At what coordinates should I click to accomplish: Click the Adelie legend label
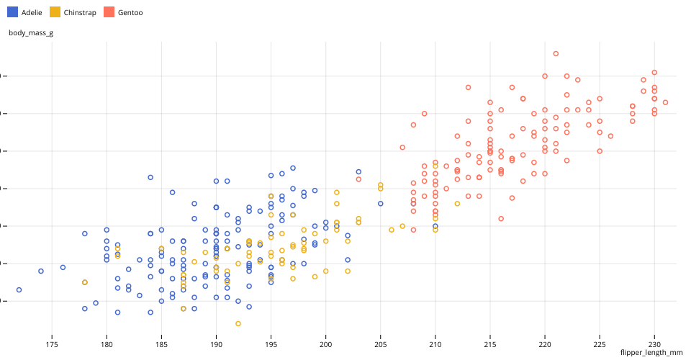(x=32, y=12)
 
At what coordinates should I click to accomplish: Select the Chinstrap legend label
(x=78, y=12)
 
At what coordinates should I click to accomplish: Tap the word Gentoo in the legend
(x=130, y=12)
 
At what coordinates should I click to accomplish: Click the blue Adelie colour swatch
(x=12, y=12)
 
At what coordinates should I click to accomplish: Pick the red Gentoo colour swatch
(x=109, y=12)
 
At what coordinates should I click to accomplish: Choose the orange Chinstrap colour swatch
(x=55, y=12)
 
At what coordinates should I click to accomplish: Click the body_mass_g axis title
(x=30, y=32)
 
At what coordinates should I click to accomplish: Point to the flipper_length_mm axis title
(x=651, y=353)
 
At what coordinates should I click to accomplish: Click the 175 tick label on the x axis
(x=52, y=345)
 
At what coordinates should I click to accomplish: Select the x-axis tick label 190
(x=216, y=345)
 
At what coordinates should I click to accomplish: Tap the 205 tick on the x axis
(x=380, y=345)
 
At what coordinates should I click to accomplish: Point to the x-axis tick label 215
(x=490, y=345)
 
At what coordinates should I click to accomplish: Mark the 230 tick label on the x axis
(x=654, y=345)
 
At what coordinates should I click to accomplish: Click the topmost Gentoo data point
(x=556, y=53)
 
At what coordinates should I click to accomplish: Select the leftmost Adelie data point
(x=19, y=289)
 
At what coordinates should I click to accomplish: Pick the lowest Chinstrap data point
(x=238, y=323)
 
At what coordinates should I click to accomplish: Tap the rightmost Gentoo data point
(x=665, y=102)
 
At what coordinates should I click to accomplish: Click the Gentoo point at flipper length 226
(x=610, y=136)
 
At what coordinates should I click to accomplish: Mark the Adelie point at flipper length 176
(x=63, y=267)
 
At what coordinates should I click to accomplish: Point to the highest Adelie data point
(x=293, y=168)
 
